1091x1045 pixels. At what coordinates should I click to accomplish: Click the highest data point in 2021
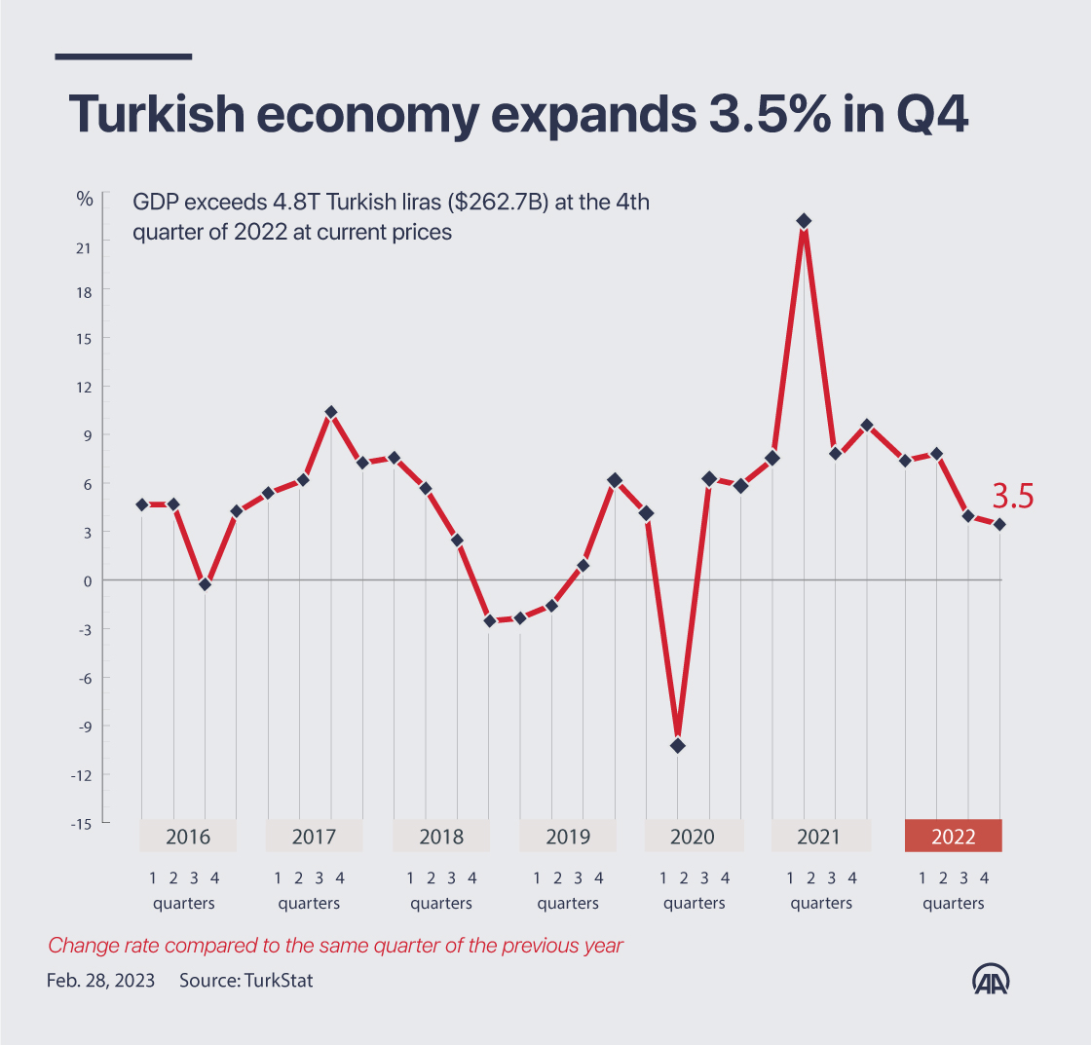804,221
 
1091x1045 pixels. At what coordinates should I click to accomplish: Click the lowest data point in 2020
678,746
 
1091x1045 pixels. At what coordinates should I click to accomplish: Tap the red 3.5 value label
1012,497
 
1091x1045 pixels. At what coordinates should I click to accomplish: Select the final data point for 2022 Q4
999,525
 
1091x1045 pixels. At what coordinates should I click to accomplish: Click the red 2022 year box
953,837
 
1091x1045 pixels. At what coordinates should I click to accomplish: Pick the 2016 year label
188,837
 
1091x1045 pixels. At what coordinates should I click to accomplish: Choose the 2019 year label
568,837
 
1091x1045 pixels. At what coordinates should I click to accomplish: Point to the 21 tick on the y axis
84,246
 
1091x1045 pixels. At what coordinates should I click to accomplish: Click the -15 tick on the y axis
82,823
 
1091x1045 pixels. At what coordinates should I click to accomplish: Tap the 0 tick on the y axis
88,580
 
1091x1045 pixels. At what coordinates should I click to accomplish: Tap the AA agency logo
993,980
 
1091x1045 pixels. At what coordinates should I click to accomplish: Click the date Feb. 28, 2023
99,981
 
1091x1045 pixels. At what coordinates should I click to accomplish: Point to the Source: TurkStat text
245,981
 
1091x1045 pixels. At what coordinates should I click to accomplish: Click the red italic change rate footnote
335,945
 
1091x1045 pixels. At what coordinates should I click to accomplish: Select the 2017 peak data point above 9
331,413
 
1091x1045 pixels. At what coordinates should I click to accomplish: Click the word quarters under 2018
440,903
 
